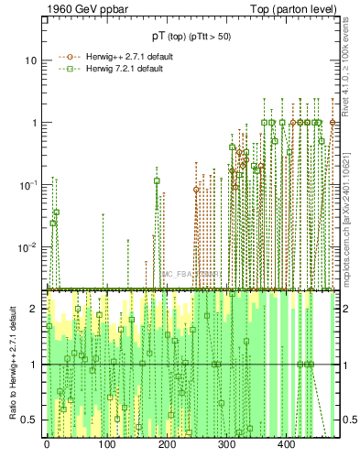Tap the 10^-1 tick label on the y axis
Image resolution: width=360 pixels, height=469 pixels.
pos(30,184)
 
